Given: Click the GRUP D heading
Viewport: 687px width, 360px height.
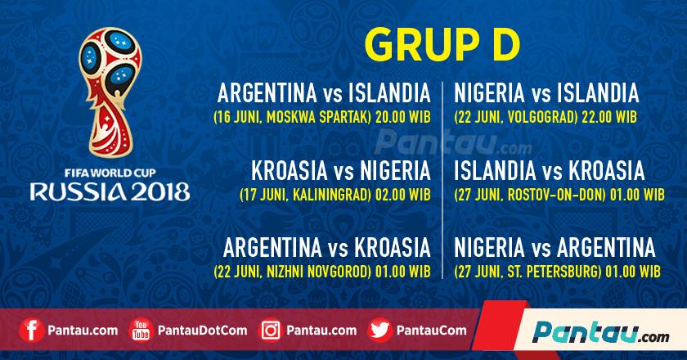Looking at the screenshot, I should [x=441, y=42].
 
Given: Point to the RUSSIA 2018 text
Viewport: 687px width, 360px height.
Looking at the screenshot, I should [x=110, y=192].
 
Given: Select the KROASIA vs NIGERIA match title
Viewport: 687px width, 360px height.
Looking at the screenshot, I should [x=341, y=172].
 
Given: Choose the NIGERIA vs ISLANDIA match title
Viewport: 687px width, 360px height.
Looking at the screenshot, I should [x=546, y=92].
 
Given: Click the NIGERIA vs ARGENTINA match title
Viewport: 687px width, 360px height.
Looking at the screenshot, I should [x=555, y=246].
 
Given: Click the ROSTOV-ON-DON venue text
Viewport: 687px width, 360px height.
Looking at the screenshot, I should [x=552, y=196].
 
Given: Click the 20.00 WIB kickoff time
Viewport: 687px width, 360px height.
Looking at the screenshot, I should [x=402, y=116].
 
